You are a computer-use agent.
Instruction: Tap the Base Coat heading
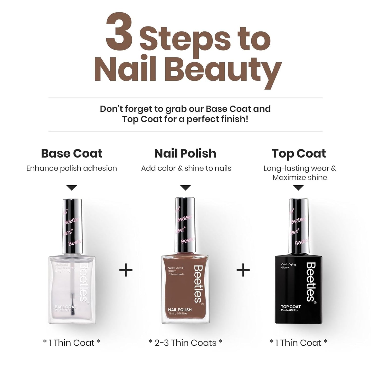tap(72, 154)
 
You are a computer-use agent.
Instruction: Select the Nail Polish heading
tap(185, 154)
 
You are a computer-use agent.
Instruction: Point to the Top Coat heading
tap(299, 154)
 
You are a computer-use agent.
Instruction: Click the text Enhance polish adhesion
tap(72, 168)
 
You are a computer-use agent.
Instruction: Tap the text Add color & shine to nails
tap(186, 168)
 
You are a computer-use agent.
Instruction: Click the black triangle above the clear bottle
tap(72, 188)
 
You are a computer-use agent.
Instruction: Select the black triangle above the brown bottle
tap(185, 188)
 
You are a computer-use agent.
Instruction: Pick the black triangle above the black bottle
tap(298, 188)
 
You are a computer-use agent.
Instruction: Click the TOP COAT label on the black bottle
tap(291, 307)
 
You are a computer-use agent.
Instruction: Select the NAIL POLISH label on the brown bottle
tap(180, 310)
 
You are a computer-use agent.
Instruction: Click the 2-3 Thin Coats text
tap(185, 343)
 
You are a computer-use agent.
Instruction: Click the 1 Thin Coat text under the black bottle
tap(298, 343)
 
